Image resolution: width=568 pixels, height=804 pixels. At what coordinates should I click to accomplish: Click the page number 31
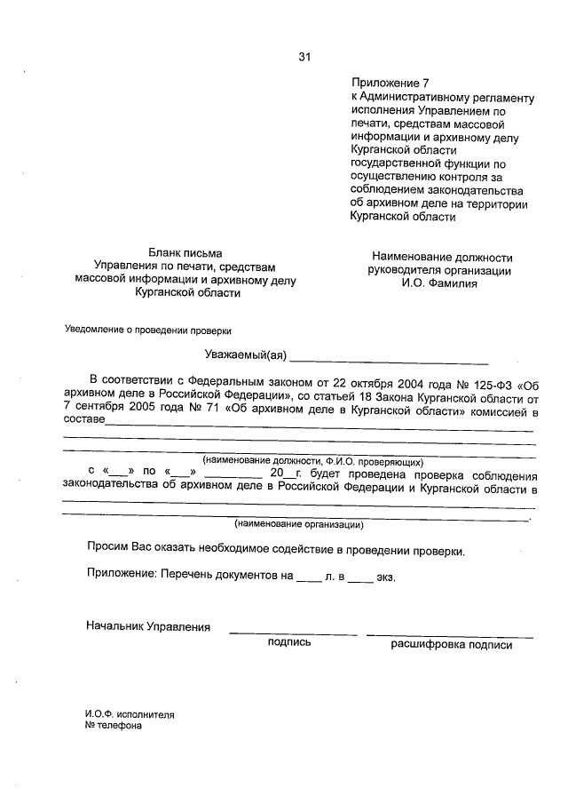[x=304, y=58]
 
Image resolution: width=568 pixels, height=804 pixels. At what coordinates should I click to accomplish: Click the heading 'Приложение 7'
[x=383, y=83]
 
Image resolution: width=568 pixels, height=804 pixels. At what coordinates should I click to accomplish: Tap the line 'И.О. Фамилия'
[x=437, y=284]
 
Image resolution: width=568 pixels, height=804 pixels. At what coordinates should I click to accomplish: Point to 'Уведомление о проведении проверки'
[x=147, y=330]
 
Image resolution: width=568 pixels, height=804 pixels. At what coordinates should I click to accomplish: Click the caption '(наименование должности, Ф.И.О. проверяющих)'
[x=312, y=461]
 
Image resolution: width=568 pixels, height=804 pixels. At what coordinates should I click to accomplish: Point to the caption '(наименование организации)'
[x=299, y=524]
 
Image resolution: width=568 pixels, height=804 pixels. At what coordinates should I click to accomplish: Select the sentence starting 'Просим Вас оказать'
[x=275, y=550]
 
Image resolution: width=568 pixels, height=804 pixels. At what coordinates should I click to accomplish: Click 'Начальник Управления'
[x=148, y=627]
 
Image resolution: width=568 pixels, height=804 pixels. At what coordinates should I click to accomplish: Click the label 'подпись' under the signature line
[x=289, y=644]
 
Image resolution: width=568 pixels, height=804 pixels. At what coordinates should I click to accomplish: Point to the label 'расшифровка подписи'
[x=451, y=645]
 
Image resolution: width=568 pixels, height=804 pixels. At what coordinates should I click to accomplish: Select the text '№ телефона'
[x=113, y=724]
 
